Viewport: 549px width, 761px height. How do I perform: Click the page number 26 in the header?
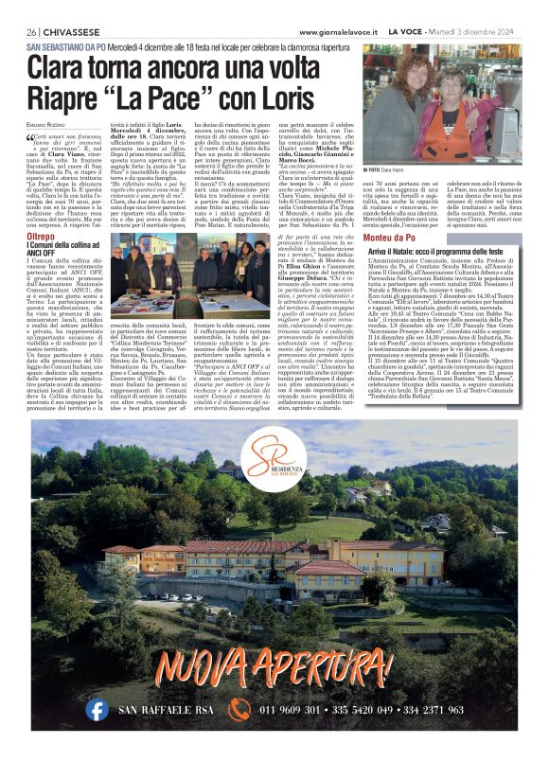point(31,31)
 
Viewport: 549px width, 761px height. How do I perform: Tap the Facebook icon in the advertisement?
point(97,709)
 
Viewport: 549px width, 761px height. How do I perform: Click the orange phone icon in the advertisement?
point(239,709)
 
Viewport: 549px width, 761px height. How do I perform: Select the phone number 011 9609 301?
point(294,709)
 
